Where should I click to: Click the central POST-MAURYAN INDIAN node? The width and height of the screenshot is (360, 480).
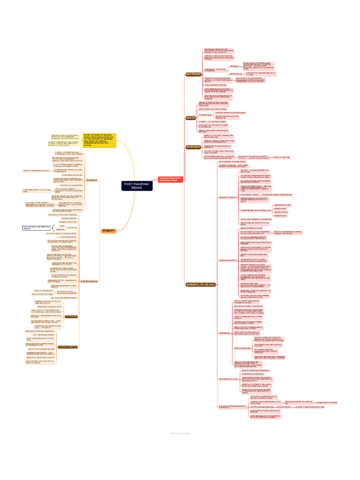click(x=136, y=186)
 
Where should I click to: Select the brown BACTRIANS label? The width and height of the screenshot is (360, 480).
click(x=193, y=75)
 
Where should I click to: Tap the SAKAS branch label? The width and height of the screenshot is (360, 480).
click(x=190, y=118)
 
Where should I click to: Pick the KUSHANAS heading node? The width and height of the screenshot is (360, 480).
click(x=193, y=147)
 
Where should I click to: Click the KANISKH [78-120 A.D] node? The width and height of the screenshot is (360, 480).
click(x=200, y=285)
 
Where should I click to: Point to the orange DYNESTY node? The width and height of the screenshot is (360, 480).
click(x=109, y=231)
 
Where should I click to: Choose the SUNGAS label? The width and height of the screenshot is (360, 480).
click(x=91, y=180)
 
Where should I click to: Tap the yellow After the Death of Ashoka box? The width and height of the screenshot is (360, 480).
click(x=99, y=140)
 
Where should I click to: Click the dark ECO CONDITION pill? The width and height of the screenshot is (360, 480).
click(x=71, y=317)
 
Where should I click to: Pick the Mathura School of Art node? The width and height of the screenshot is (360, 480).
click(x=228, y=378)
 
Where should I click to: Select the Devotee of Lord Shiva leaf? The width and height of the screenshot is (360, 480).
click(x=281, y=157)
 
